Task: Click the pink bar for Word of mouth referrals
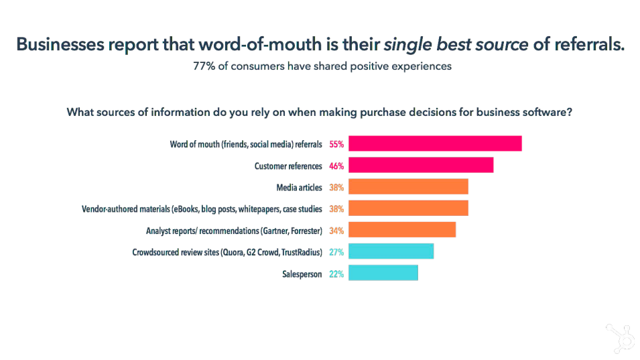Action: (435, 143)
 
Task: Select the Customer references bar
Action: (421, 165)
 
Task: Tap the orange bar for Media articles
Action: (408, 187)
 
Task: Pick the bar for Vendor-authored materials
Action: (408, 208)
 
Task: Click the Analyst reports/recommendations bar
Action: (402, 230)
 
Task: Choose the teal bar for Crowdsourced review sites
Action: (391, 251)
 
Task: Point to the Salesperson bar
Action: (383, 274)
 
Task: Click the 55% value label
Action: (336, 144)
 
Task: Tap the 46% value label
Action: (336, 166)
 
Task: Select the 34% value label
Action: (336, 231)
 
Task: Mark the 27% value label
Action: (336, 252)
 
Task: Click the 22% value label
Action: (336, 274)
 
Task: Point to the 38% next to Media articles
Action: (336, 188)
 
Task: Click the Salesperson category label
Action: (302, 274)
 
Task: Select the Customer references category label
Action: (288, 166)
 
